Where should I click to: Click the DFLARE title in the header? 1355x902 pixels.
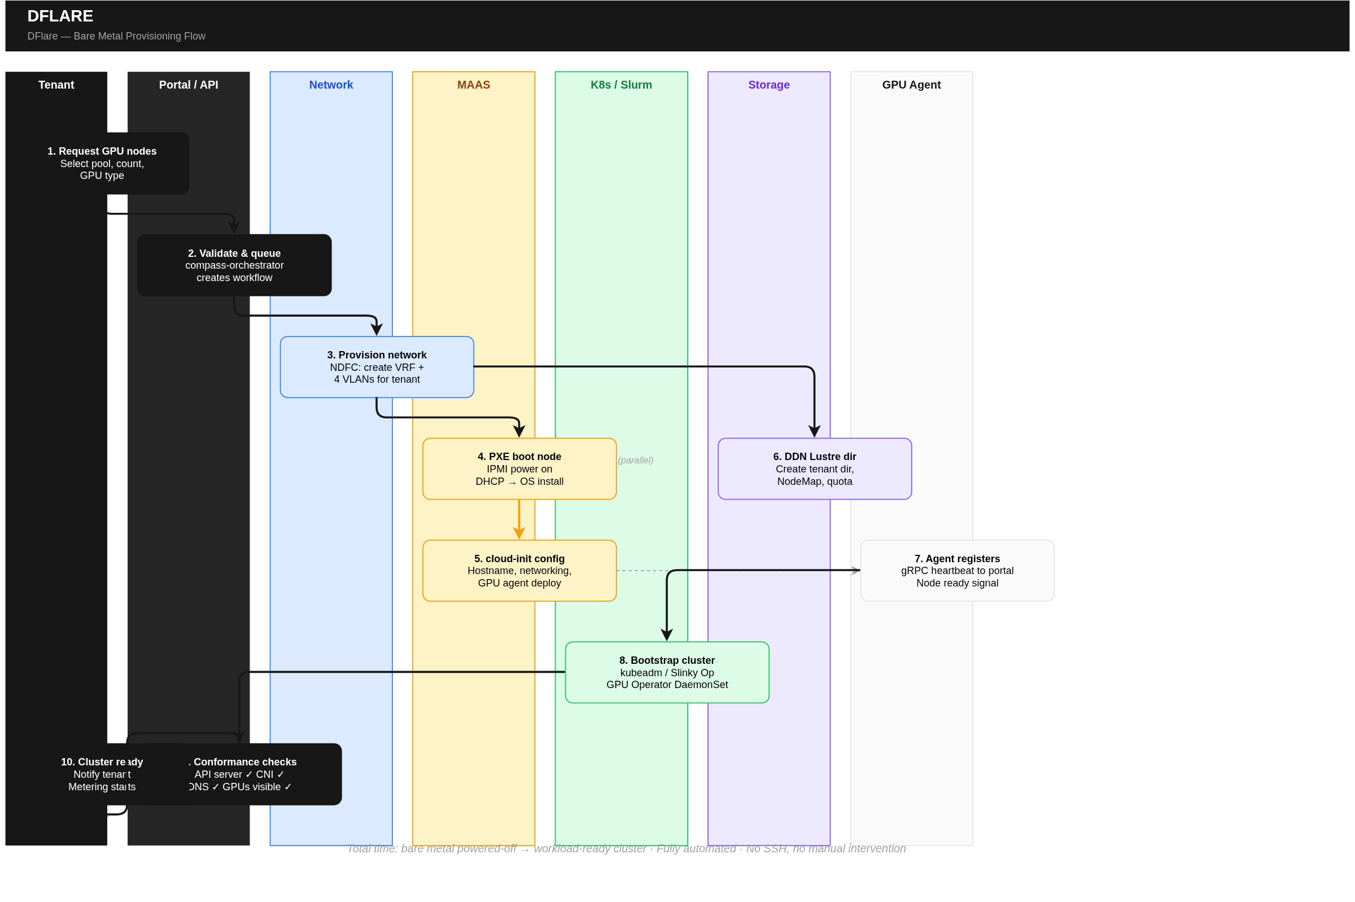(x=60, y=16)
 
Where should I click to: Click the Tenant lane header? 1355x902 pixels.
(x=56, y=85)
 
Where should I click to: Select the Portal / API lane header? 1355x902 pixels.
(x=188, y=85)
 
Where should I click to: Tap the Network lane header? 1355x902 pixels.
(x=331, y=85)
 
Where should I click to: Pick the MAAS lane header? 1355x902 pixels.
(x=473, y=85)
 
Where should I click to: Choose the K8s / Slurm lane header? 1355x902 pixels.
(x=621, y=85)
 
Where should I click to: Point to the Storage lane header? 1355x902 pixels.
(x=768, y=85)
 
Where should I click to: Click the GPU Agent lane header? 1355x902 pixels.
(x=911, y=85)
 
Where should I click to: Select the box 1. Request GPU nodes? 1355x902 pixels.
(x=102, y=163)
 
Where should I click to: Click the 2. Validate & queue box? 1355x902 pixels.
(x=234, y=265)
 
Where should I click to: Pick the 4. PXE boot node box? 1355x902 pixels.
(x=519, y=469)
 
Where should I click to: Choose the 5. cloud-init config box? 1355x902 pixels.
(x=519, y=571)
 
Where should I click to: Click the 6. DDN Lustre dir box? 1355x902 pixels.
(x=814, y=469)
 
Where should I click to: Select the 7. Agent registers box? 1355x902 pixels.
(x=957, y=571)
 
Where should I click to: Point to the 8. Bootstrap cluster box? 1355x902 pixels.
(x=667, y=672)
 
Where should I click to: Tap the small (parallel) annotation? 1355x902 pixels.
(x=635, y=460)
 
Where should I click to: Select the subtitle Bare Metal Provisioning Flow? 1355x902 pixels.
(x=116, y=36)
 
